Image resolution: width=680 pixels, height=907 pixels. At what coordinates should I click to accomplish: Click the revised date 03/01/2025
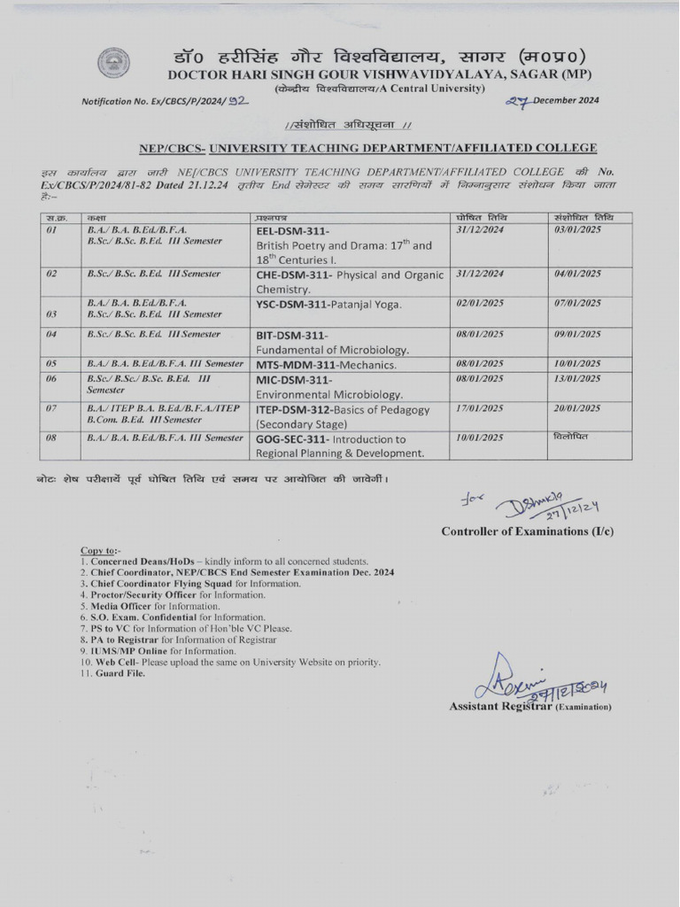(x=578, y=229)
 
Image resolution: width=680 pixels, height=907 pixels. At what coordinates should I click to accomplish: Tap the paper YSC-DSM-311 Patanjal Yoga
(x=328, y=305)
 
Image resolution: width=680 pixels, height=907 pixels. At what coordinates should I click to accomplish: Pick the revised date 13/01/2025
(x=578, y=379)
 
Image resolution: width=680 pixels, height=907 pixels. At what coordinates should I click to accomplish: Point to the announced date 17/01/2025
(x=480, y=409)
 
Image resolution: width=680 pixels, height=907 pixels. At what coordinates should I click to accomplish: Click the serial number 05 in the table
(x=51, y=364)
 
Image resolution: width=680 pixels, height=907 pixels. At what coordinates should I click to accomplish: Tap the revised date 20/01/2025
(x=578, y=409)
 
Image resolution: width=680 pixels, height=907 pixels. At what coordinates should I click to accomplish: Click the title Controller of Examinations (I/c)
(x=527, y=531)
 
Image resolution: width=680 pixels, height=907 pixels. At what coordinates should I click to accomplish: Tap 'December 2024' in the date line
(x=566, y=100)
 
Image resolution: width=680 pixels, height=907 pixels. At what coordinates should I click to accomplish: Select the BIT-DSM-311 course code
(x=291, y=335)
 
